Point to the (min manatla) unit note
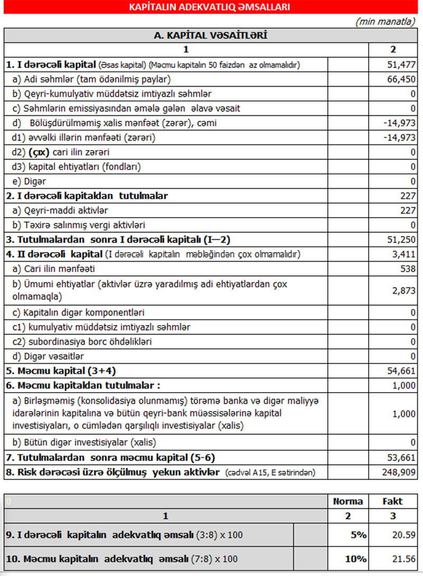pyautogui.click(x=385, y=22)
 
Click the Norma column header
pyautogui.click(x=348, y=501)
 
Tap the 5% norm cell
pyautogui.click(x=358, y=535)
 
